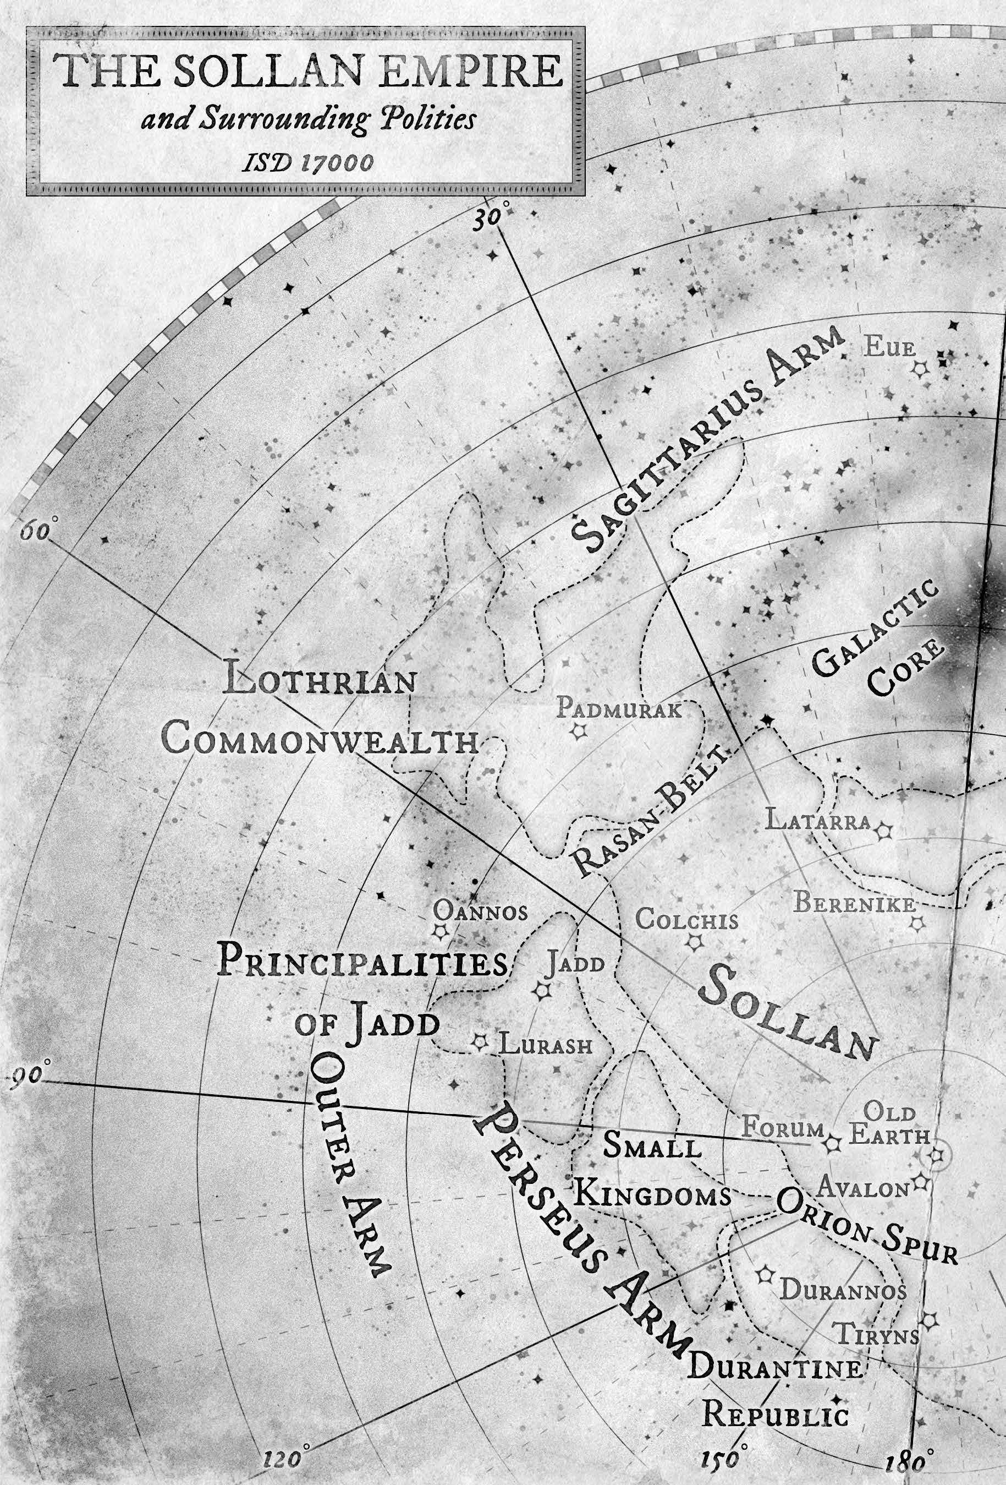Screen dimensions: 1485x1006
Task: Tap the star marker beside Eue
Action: tap(920, 369)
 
